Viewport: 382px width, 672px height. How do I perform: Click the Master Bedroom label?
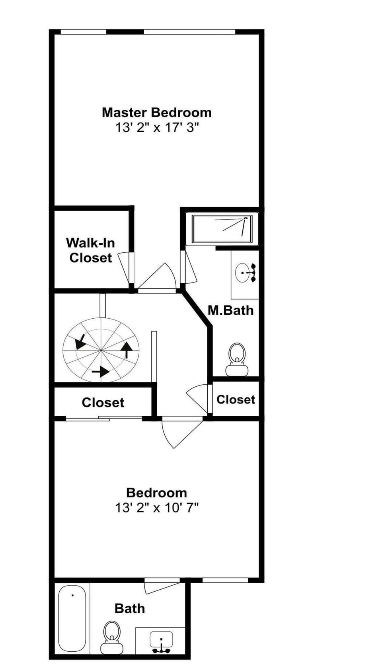(156, 113)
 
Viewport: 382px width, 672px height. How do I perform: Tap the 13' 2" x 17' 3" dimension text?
(156, 128)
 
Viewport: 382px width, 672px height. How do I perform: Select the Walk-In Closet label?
(90, 250)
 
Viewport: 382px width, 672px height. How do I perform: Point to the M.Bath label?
(231, 310)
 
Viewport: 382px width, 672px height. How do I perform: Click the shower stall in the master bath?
(222, 229)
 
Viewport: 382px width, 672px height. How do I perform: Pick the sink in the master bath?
(244, 273)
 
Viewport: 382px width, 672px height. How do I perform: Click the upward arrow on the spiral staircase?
(127, 349)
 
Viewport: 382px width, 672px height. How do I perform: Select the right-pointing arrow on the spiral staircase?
(100, 372)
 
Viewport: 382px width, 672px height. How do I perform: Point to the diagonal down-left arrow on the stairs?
(80, 341)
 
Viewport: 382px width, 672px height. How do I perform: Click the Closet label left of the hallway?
(103, 403)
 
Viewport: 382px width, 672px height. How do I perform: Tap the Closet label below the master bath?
(236, 399)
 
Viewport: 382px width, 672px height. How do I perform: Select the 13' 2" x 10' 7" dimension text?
(156, 508)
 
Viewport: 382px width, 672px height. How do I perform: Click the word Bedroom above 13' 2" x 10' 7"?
(156, 493)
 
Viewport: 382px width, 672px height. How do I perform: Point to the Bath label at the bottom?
(130, 608)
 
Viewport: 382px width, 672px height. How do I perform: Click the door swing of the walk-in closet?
(125, 267)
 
